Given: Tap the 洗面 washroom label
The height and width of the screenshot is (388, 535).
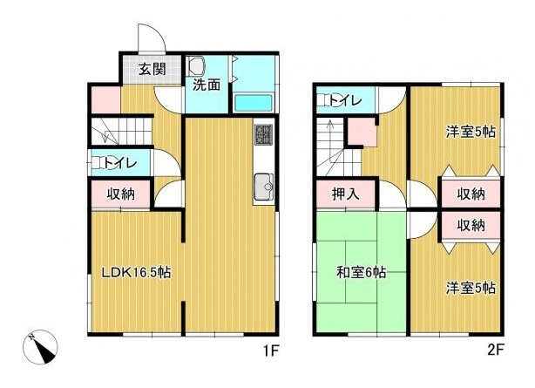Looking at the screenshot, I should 207,85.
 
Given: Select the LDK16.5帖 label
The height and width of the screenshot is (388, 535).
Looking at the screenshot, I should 136,272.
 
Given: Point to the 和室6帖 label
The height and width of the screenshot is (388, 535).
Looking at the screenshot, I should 360,272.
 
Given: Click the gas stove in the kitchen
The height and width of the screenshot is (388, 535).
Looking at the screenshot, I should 263,135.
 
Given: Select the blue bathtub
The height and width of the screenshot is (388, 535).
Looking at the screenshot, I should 254,101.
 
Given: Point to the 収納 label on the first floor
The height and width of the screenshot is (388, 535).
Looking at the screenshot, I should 120,194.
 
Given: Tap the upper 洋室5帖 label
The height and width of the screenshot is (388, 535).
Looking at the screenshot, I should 471,133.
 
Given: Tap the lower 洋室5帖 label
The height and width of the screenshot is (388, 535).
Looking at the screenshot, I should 471,288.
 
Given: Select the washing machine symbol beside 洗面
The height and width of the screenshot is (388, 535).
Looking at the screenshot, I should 194,65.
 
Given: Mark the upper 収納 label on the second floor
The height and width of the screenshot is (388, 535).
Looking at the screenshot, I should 471,194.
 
